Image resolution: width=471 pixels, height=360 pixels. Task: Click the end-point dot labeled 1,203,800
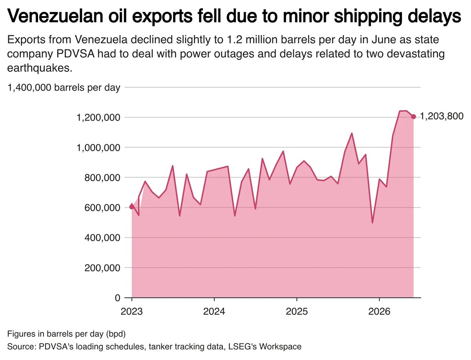coord(413,116)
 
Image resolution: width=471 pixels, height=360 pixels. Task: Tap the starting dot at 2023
coord(132,207)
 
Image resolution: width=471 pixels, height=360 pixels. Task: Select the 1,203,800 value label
coord(442,116)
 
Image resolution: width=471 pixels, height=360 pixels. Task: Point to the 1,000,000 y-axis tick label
coord(98,148)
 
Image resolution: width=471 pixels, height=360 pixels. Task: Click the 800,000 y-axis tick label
coord(102,178)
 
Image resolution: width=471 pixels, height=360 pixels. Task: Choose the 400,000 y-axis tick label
coord(102,238)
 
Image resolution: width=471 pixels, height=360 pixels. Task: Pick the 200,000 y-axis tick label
coord(102,268)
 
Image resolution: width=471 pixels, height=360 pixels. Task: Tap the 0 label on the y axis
coord(117,298)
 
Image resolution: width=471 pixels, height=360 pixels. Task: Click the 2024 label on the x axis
coord(214,311)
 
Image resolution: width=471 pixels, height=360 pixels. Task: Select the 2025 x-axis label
coord(297,311)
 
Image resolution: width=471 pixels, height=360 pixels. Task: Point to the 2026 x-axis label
coord(379,311)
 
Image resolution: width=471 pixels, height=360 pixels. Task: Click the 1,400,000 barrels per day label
coord(64,88)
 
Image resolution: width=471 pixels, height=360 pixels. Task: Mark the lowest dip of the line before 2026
coord(372,223)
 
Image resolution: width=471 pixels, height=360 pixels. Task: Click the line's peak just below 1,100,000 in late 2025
coord(352,133)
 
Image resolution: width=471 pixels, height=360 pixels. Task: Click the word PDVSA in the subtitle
coord(75,54)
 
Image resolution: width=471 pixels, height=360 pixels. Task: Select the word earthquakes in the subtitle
coord(40,68)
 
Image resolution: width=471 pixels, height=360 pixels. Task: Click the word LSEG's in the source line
coord(242,347)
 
